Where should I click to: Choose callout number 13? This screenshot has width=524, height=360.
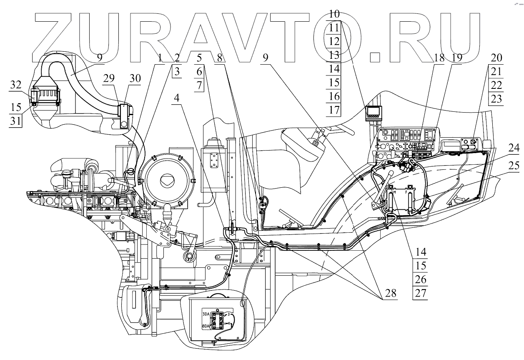[x=333, y=55]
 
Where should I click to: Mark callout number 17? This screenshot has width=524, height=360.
[x=333, y=110]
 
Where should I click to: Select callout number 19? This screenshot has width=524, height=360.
[x=457, y=58]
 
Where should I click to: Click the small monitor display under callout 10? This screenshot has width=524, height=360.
[x=374, y=112]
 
